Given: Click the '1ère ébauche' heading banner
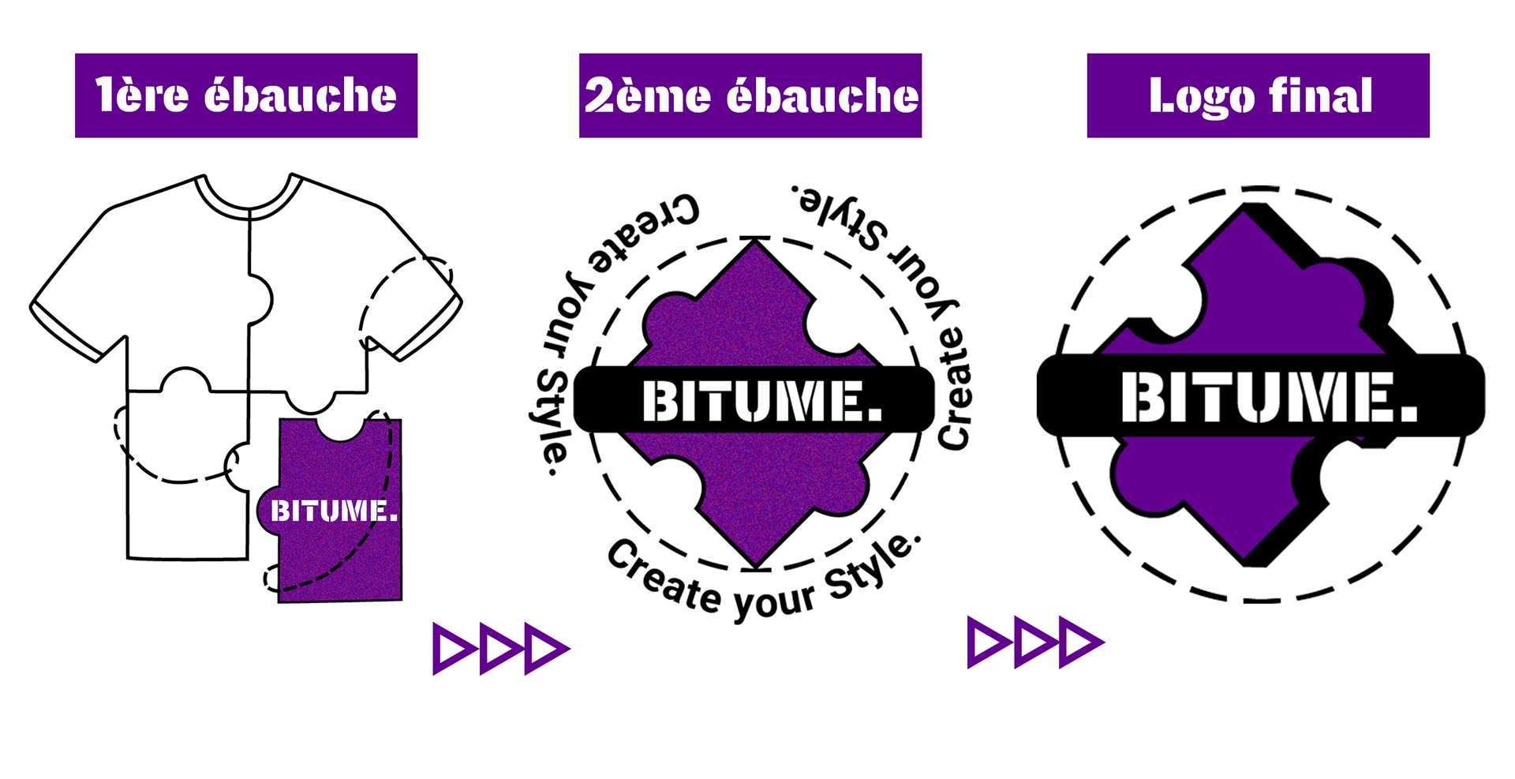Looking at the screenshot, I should click(245, 96).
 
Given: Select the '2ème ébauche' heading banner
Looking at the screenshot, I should click(750, 96).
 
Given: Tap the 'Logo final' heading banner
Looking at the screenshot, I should click(1258, 96).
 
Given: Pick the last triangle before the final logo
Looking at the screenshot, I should click(1079, 642).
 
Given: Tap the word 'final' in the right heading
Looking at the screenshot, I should click(1321, 96).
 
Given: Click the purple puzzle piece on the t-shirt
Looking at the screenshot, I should click(339, 552).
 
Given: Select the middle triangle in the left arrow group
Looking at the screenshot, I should click(499, 649).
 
